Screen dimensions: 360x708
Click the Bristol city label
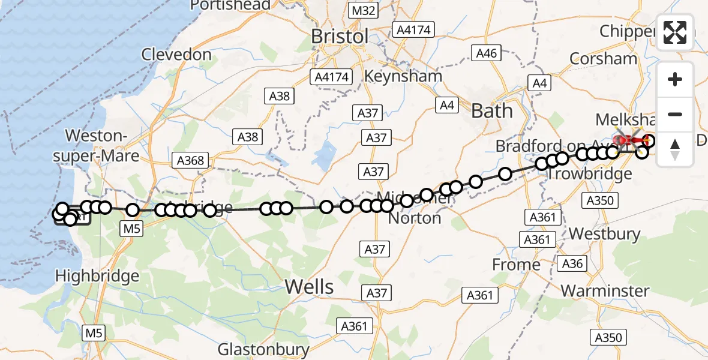pos(340,36)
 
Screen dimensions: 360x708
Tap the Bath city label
pos(492,110)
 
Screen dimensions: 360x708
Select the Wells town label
pos(309,287)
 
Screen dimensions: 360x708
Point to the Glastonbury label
pos(263,349)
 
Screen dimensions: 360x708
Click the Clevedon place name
pos(176,55)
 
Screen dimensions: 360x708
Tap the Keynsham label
pos(403,76)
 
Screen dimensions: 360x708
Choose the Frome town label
pos(516,264)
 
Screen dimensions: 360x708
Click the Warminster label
pos(605,291)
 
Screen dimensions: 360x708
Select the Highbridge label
pos(97,276)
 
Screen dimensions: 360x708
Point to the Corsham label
pos(603,58)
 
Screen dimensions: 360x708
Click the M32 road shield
pos(364,11)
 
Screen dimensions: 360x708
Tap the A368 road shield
pos(191,160)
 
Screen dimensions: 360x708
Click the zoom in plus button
pos(675,79)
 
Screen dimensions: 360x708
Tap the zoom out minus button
pos(675,114)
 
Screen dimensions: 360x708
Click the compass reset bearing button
pos(675,149)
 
